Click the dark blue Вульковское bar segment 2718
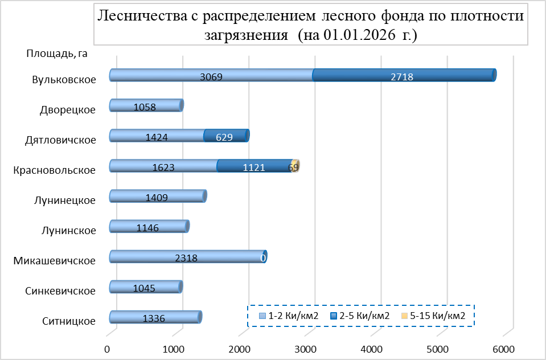click(x=403, y=75)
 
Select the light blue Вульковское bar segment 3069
click(x=211, y=75)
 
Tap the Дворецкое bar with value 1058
click(x=145, y=105)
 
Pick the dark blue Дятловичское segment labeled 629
click(x=225, y=136)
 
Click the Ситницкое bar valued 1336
click(x=154, y=317)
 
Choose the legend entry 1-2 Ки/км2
click(x=288, y=315)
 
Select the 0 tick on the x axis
click(x=108, y=348)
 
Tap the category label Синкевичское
click(x=60, y=291)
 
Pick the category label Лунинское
click(x=69, y=230)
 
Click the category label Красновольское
click(x=54, y=170)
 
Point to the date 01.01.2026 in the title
click(x=352, y=35)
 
